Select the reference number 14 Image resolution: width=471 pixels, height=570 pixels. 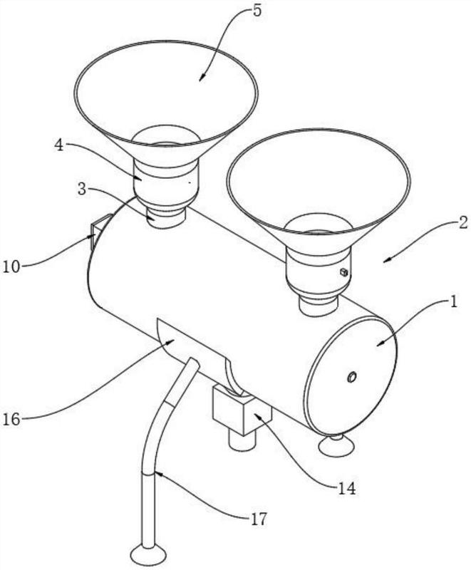[x=347, y=489]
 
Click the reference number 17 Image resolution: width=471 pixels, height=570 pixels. [x=259, y=519]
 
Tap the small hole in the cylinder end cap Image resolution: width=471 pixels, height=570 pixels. [x=351, y=376]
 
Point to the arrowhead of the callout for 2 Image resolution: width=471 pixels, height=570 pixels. [x=385, y=262]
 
